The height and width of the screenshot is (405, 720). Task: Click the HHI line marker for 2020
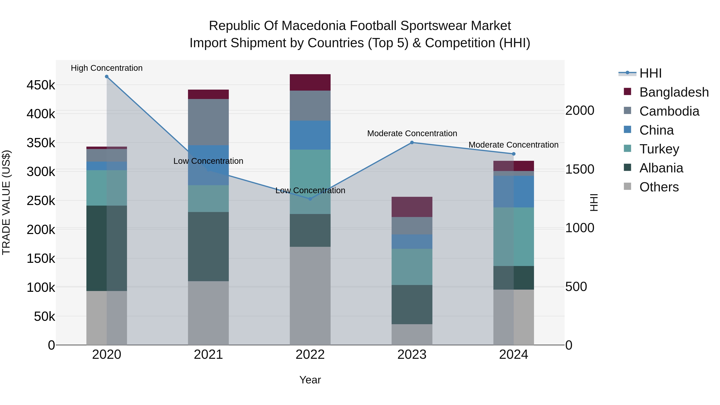[106, 77]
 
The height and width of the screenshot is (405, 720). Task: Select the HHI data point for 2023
[412, 143]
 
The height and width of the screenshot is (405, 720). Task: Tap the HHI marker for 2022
[310, 199]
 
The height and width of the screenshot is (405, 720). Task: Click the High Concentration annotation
[106, 68]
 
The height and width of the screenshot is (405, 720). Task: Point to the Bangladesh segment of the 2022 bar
[310, 82]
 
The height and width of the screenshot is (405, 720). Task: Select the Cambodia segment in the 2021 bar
[208, 122]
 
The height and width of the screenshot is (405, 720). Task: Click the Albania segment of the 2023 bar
[412, 305]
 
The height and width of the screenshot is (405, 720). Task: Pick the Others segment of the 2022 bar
[310, 296]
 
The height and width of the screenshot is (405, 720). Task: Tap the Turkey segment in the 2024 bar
[513, 237]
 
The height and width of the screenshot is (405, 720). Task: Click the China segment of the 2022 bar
[310, 135]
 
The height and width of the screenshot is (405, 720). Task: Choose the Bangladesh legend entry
[674, 92]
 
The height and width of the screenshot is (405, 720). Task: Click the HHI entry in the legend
[650, 73]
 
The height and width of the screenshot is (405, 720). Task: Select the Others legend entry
[659, 187]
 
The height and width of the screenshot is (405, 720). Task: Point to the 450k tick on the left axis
[41, 85]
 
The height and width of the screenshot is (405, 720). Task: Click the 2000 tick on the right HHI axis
[580, 110]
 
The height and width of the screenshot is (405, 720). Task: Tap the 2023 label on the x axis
[412, 355]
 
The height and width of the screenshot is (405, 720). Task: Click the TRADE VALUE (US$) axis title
[6, 202]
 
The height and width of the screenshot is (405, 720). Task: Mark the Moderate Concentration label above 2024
[513, 145]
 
